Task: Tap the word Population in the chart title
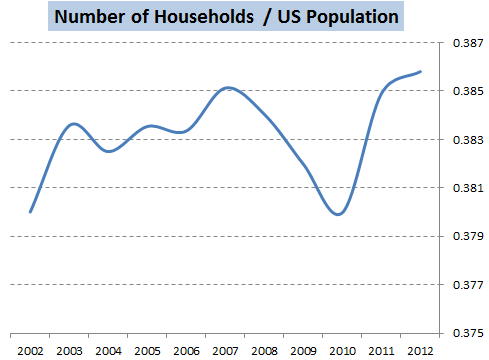coord(340,17)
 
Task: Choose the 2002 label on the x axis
coord(30,351)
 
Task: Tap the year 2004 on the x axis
coord(108,351)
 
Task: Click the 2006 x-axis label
coord(186,351)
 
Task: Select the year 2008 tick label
coord(264,351)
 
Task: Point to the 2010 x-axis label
coord(342,351)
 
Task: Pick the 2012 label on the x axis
coord(420,351)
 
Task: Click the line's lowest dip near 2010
coord(338,214)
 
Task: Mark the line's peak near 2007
coord(229,87)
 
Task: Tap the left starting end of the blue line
coord(30,212)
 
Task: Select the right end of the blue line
coord(421,71)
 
